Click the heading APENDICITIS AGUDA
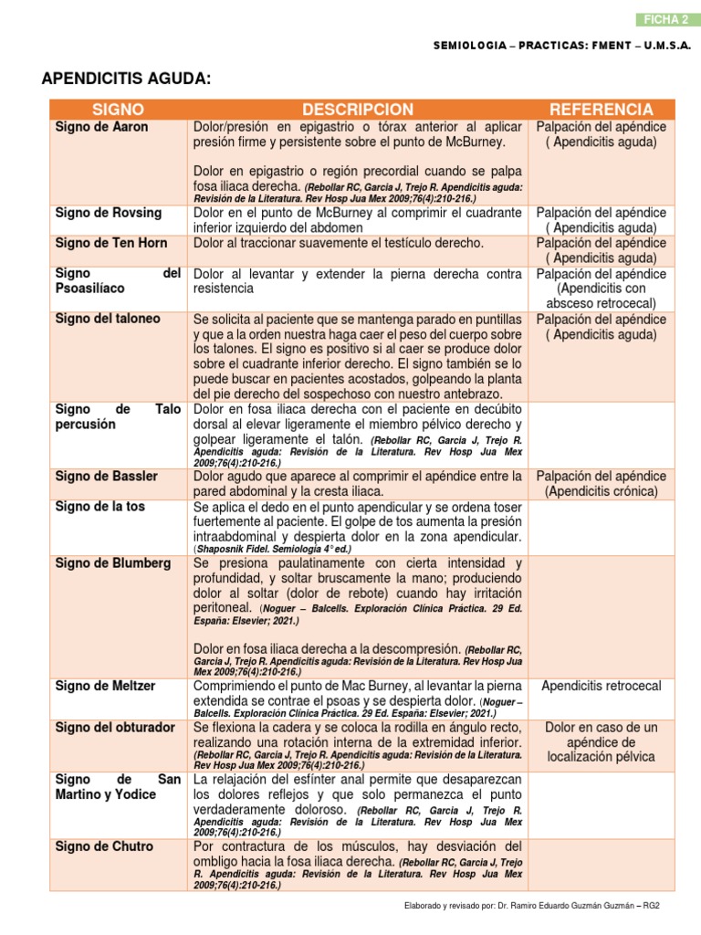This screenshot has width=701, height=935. tap(126, 80)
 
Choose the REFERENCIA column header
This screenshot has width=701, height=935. tap(601, 110)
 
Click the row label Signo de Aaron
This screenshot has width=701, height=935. tap(101, 128)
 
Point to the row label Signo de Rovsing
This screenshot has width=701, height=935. tap(108, 213)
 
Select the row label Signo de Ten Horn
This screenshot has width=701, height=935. tap(112, 243)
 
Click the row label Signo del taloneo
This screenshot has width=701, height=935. tap(108, 319)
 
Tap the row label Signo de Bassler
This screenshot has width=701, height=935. tap(106, 477)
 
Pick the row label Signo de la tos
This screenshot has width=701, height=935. tap(100, 506)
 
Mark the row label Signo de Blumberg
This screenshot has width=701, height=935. tap(112, 563)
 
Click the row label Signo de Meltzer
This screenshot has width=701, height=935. tap(105, 686)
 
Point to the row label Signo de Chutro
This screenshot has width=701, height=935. tap(104, 846)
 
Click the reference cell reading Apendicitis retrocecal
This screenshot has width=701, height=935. tap(601, 686)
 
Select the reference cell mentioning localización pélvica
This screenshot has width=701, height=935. tap(601, 757)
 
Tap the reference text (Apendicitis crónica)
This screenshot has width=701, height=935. tap(601, 491)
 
